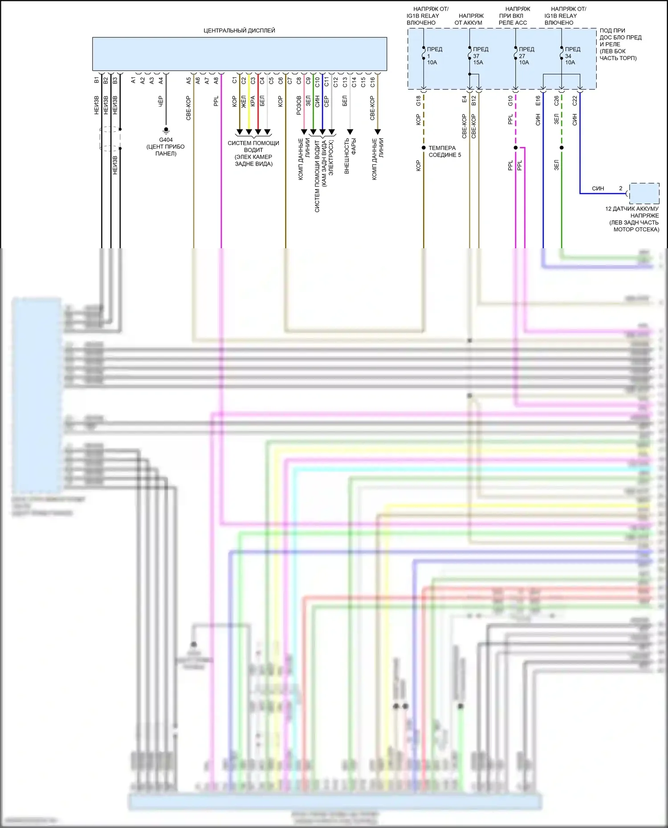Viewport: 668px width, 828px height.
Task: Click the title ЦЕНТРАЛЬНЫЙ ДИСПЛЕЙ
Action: coord(239,31)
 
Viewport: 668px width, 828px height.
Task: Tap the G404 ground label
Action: coord(166,140)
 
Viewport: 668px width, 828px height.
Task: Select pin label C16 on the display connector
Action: coord(373,82)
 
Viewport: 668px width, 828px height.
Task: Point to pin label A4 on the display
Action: coord(161,81)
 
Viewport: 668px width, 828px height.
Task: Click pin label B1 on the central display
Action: coord(97,81)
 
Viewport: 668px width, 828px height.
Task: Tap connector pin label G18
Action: coord(418,101)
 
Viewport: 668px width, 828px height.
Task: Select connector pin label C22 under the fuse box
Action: coord(574,101)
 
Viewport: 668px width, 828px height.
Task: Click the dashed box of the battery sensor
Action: coord(644,194)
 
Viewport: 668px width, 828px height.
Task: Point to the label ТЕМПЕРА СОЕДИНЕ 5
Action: coord(444,151)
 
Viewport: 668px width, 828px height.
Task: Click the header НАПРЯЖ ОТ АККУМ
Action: coord(470,19)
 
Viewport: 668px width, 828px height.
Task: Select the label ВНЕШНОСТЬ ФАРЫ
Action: coord(350,155)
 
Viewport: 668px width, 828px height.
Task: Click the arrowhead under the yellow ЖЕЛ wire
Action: coord(248,132)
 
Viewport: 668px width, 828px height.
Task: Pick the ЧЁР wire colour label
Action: coord(161,101)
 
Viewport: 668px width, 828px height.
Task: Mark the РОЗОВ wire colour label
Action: coord(299,105)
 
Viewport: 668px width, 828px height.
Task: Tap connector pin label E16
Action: coord(538,101)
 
